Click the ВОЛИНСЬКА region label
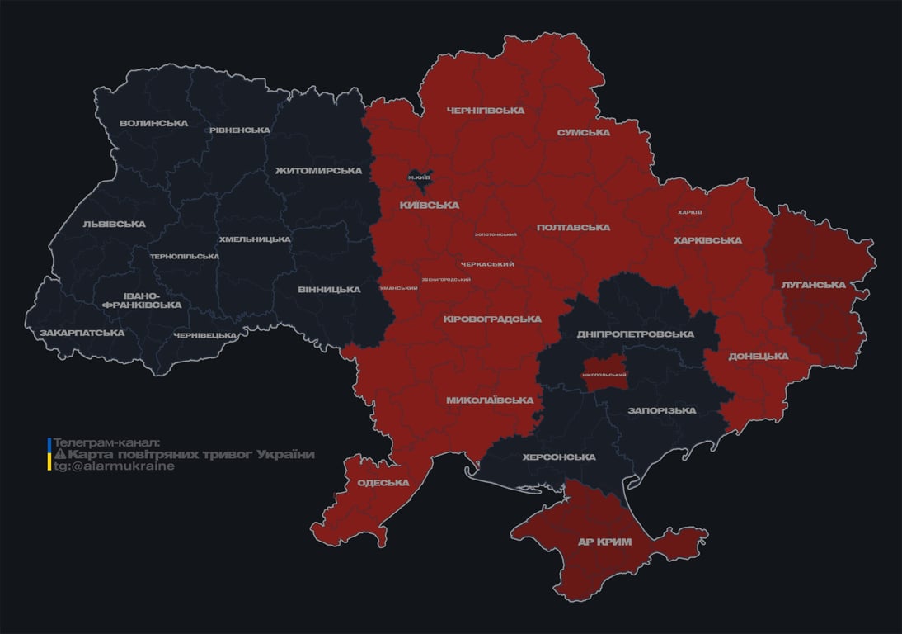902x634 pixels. (153, 124)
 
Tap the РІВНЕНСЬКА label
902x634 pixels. (240, 130)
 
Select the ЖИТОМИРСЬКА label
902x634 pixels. (318, 171)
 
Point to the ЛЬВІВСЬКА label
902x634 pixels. (114, 225)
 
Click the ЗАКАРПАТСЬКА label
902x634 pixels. (82, 334)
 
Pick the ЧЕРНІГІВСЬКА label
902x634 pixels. (486, 111)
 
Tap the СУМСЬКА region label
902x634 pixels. (583, 133)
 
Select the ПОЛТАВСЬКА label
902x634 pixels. (573, 228)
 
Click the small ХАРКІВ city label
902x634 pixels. (689, 212)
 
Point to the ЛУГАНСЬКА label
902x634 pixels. (814, 285)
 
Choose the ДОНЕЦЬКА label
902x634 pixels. (758, 357)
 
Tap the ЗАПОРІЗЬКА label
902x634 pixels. (661, 411)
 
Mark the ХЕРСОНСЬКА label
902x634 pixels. (558, 457)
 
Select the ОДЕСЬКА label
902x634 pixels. (383, 483)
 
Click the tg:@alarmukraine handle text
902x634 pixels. (115, 466)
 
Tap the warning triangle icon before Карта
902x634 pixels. (60, 455)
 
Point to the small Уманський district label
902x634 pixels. (397, 288)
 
